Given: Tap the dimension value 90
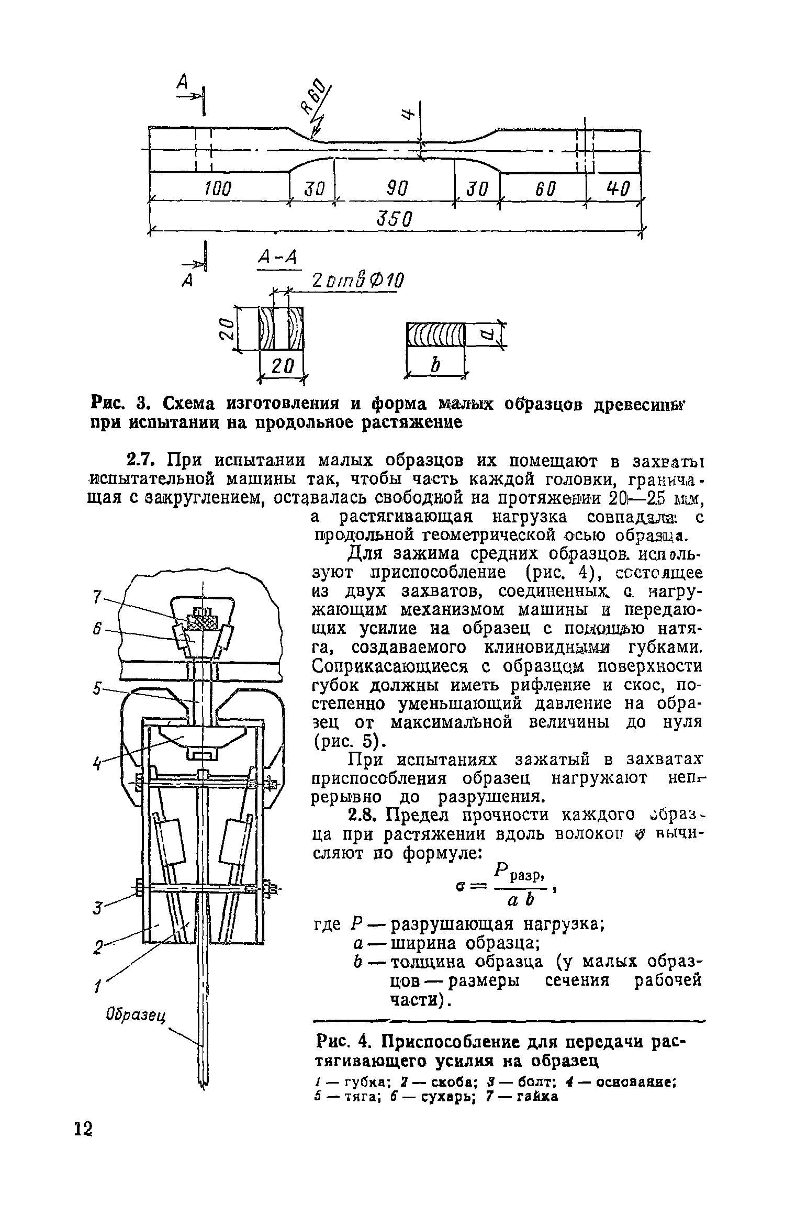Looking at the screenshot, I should click(397, 188).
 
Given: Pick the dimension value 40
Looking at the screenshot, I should click(618, 188).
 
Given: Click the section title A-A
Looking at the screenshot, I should click(278, 258).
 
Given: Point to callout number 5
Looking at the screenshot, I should click(96, 689).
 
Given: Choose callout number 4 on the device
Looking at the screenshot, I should click(96, 763).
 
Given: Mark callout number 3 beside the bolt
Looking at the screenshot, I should click(96, 909).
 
